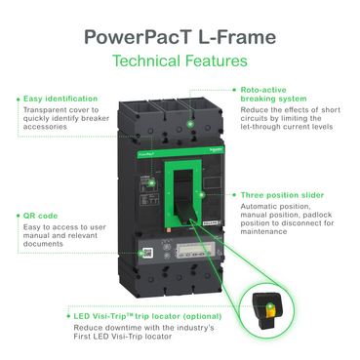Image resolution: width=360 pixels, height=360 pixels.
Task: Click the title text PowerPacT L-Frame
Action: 180,37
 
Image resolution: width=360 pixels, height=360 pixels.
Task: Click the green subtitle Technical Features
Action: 180,61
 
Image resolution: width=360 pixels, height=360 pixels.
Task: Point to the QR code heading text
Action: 42,217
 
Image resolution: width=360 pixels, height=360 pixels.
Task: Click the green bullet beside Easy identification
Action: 18,99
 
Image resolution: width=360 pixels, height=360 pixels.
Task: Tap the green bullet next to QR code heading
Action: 18,217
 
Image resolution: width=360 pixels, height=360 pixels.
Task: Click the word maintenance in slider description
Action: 264,230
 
